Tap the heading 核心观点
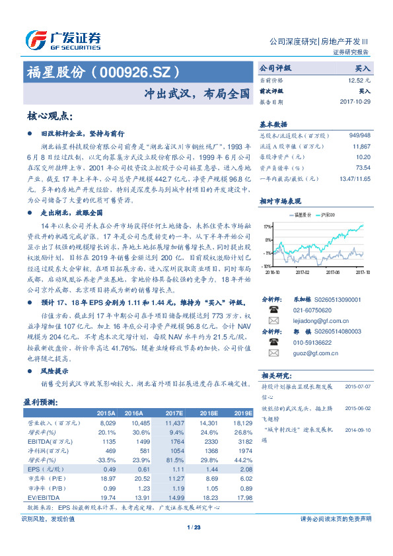(50, 116)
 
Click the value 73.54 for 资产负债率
(362, 168)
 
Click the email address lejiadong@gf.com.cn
(316, 320)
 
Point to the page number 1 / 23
(194, 527)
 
